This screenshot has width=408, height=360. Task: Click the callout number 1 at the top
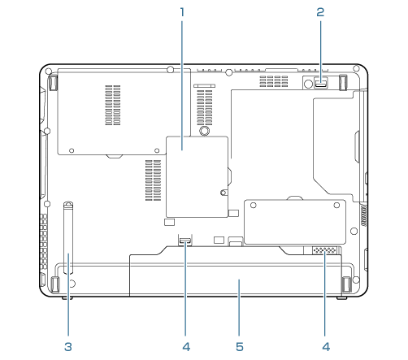click(182, 12)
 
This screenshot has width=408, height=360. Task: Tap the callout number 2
click(320, 12)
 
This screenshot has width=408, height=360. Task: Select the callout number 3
click(68, 347)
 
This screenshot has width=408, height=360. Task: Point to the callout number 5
click(240, 347)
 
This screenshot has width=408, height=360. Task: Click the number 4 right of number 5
click(326, 347)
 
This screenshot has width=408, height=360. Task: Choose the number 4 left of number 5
click(186, 347)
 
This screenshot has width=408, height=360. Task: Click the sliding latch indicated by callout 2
click(321, 82)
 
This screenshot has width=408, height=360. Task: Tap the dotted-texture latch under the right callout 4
click(325, 250)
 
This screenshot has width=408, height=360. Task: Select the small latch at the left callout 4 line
click(185, 240)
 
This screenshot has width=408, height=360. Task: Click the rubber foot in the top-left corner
click(54, 82)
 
